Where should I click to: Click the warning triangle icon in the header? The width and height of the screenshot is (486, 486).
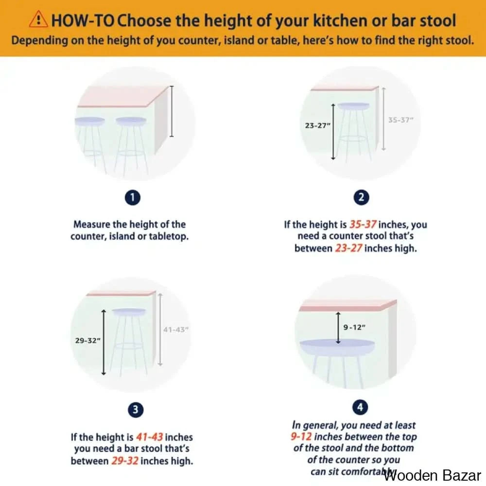coord(38,19)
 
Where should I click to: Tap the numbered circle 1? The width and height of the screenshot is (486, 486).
coord(133,197)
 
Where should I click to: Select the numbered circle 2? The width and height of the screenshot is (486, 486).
coord(361,197)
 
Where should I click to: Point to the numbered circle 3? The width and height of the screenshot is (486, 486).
coord(136,410)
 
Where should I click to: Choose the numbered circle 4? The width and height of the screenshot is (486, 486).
coord(360,407)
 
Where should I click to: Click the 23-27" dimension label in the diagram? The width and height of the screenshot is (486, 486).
coord(318,125)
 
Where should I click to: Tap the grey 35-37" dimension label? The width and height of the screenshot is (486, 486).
coord(401,120)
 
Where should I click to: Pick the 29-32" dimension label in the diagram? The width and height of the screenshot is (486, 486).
coord(87,341)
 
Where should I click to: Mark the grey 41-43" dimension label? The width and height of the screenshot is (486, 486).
coord(176,330)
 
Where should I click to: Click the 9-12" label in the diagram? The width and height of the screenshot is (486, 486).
coord(354,327)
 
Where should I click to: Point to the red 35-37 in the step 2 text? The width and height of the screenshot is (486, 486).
coord(363,224)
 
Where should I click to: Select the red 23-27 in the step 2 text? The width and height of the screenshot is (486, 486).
coord(348,248)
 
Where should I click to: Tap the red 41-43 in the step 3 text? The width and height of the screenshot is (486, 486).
coord(149,437)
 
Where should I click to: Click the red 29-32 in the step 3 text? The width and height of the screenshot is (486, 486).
coord(125,461)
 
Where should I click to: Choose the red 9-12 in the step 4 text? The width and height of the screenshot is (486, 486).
coord(301,436)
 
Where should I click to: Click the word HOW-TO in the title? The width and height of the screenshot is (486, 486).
coord(83,21)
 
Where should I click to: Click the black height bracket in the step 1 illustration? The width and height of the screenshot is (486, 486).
coord(172,111)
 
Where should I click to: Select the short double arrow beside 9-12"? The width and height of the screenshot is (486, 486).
coord(338,328)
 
